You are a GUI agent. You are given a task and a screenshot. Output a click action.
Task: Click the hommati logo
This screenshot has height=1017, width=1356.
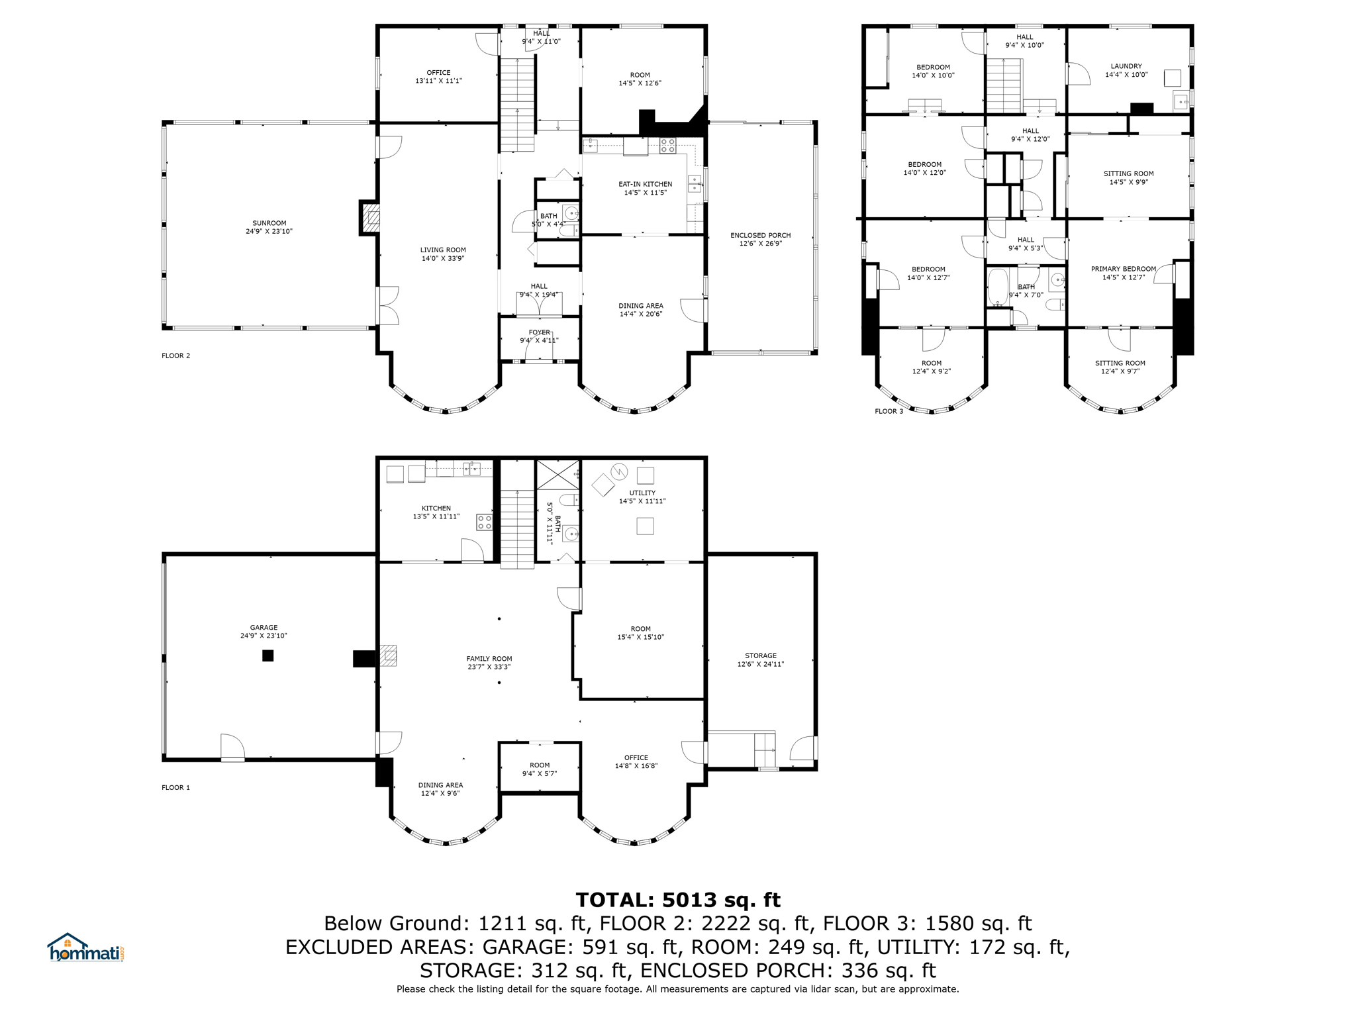[x=85, y=947]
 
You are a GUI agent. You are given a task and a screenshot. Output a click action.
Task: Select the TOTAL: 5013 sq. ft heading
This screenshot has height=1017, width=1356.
[x=678, y=900]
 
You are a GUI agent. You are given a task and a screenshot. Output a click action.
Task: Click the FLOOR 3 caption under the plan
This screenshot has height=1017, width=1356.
[x=889, y=411]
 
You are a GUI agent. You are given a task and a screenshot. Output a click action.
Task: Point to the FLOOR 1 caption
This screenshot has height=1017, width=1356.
[x=175, y=787]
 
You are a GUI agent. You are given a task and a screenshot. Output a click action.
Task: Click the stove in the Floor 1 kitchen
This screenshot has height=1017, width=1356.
[x=484, y=522]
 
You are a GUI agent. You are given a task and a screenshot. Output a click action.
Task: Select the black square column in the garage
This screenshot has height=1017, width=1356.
[x=267, y=655]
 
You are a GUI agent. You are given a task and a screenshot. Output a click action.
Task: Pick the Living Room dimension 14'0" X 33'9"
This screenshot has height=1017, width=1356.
[x=443, y=258]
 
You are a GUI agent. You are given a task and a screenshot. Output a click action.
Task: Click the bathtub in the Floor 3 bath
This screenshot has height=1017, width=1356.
[x=996, y=287]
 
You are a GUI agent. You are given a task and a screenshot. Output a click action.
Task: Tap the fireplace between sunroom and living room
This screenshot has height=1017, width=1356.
[x=369, y=217]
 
